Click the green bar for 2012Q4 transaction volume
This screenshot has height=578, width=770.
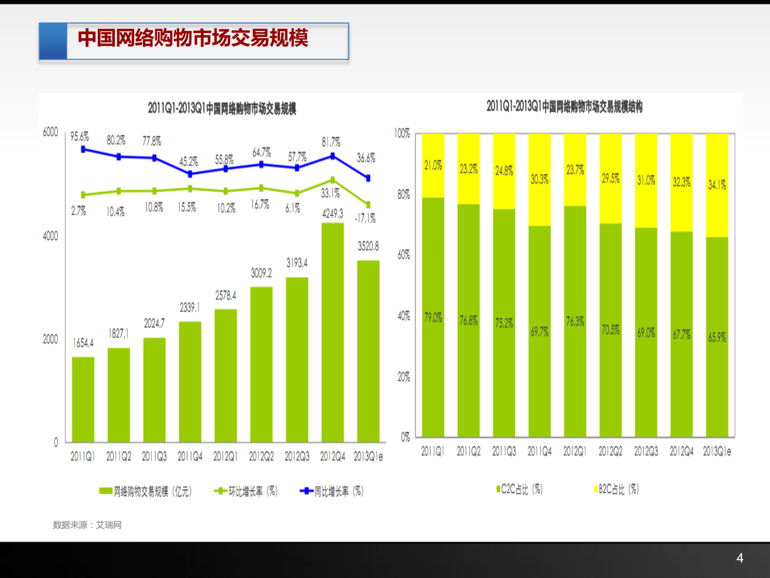coord(333,333)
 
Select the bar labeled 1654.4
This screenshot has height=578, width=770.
coord(83,400)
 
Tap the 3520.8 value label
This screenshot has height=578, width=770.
coord(368,246)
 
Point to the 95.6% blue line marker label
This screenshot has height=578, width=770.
coord(79,137)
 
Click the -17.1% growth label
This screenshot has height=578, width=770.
coord(365,219)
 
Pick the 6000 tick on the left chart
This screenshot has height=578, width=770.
coord(50,132)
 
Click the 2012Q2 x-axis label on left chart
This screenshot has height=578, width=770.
coord(261,456)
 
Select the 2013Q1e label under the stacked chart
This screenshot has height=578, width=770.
coord(717,451)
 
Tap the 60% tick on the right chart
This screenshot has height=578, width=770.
coord(403,255)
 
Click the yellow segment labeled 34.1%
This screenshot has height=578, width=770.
coord(717,185)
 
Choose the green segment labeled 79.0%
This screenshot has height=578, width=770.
coord(433,317)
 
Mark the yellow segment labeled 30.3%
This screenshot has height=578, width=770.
coord(539,179)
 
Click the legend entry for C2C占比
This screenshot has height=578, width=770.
coord(520,489)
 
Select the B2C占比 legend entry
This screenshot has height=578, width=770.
coord(616,489)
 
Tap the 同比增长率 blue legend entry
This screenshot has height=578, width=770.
coord(332,491)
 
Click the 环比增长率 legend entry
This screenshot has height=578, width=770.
coord(246,491)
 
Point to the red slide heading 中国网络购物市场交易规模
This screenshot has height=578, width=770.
coord(193,38)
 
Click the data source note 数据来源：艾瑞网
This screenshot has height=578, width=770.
coord(87,525)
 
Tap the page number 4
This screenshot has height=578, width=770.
coord(740,558)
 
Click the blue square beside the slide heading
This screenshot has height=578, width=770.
coord(53,41)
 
